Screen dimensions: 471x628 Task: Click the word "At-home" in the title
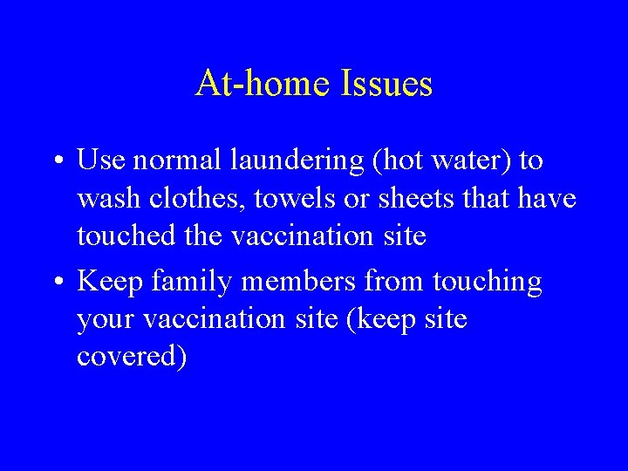[x=257, y=84]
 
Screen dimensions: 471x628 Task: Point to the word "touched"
[x=124, y=236]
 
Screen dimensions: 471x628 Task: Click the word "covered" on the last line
[x=131, y=358]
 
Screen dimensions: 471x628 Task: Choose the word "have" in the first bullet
[x=546, y=199]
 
